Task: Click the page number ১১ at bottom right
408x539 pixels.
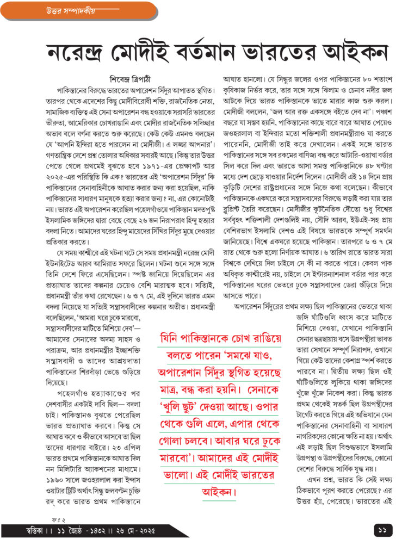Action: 381,528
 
